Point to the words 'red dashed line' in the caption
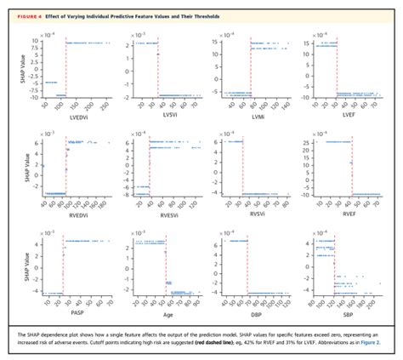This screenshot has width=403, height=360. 259,341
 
